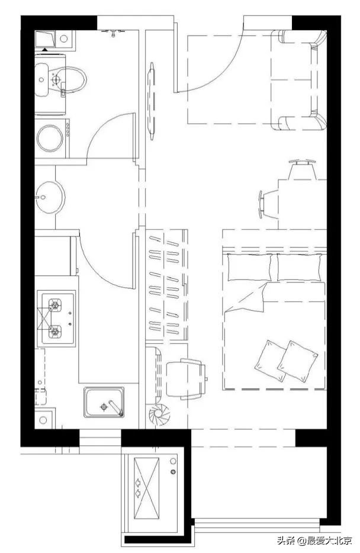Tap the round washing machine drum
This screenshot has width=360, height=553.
50,139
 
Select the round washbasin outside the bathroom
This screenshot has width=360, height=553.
50,197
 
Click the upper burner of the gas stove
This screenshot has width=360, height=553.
55,304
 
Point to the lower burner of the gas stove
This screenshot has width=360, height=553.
55,332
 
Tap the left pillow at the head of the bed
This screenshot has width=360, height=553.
250,267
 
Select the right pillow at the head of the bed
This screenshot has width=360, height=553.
300,267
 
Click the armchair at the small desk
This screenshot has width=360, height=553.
186,379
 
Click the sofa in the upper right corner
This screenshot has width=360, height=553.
299,80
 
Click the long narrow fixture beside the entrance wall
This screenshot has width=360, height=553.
152,101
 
